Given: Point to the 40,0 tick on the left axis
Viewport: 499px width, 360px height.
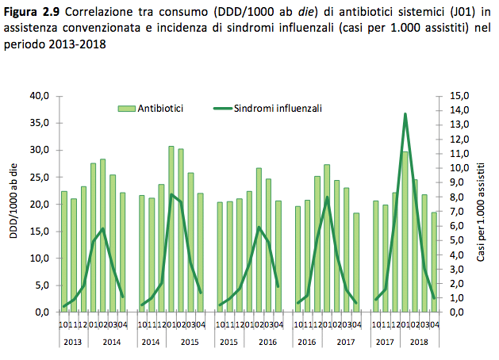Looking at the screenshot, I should click(x=39, y=96).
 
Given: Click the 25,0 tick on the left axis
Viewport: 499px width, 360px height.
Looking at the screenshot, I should click(x=39, y=177).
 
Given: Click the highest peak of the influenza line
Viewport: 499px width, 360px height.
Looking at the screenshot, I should click(x=405, y=114).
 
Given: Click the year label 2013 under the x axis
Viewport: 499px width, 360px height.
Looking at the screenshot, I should click(x=72, y=341).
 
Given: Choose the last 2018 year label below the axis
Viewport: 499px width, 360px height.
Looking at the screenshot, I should click(x=419, y=341).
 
